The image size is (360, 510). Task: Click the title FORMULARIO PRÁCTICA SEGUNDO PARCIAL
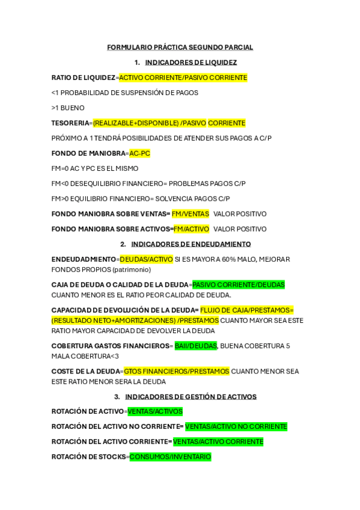180,47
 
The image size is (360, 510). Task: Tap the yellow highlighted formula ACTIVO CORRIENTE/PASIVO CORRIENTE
183,78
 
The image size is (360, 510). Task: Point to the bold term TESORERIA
70,123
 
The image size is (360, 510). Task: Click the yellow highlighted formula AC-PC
139,153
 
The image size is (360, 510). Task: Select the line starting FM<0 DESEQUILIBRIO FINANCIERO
148,183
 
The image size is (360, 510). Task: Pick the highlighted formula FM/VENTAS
190,214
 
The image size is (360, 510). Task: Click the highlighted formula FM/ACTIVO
191,229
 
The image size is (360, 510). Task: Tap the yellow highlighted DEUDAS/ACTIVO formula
145,259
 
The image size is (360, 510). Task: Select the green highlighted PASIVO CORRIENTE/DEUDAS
238,284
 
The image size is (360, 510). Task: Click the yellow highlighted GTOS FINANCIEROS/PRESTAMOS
176,371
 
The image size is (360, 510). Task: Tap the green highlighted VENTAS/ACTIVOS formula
154,411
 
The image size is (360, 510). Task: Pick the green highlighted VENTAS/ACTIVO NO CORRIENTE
236,426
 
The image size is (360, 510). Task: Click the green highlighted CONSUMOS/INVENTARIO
170,457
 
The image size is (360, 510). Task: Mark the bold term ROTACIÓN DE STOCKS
89,457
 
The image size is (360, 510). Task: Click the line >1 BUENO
68,108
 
